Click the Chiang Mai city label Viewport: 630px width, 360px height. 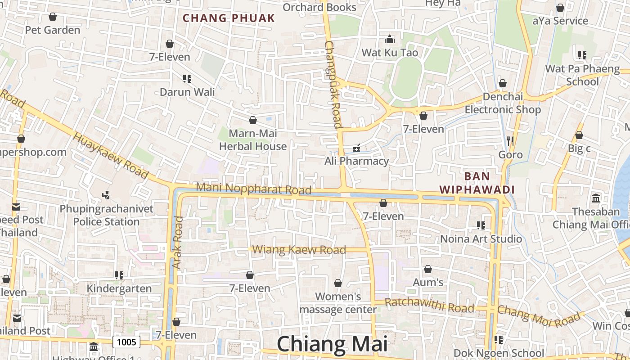332,344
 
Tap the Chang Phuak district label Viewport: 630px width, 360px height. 229,18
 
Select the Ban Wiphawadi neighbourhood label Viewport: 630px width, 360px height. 477,183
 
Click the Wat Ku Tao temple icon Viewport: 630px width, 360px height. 390,39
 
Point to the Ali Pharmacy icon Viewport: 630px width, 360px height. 356,148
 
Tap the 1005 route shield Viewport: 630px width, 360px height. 126,342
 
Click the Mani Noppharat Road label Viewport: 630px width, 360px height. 254,189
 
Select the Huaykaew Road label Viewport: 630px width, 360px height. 110,155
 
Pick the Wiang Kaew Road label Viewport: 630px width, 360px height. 299,250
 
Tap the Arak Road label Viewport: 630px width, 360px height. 178,243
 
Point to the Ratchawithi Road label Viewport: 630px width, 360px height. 430,305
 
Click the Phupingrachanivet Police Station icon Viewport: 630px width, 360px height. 106,195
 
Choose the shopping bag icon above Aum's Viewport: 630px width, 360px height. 428,269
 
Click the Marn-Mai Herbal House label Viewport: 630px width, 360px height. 253,140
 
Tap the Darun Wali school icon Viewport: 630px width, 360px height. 187,79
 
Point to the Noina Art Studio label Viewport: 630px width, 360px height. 481,238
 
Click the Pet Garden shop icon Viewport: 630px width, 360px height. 53,17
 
